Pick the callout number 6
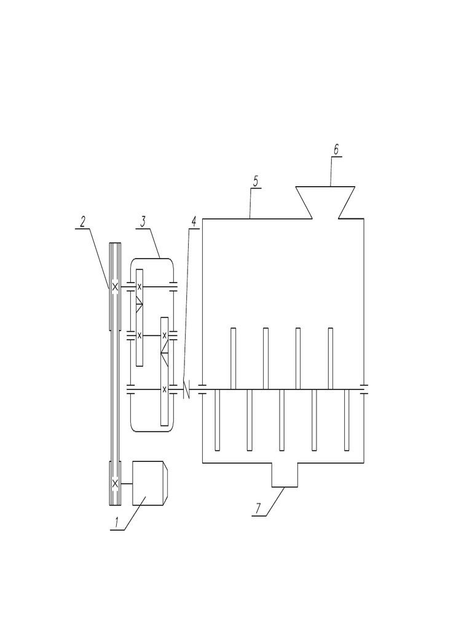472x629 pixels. tap(336, 150)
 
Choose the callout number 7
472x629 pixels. tap(259, 509)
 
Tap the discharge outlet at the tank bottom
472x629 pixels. tap(285, 475)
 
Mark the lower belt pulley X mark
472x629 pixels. tap(115, 483)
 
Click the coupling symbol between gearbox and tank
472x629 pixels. tap(186, 388)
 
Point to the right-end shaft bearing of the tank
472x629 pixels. tap(363, 388)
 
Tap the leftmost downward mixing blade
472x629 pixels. tap(218, 420)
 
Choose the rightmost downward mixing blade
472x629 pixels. tap(347, 420)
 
